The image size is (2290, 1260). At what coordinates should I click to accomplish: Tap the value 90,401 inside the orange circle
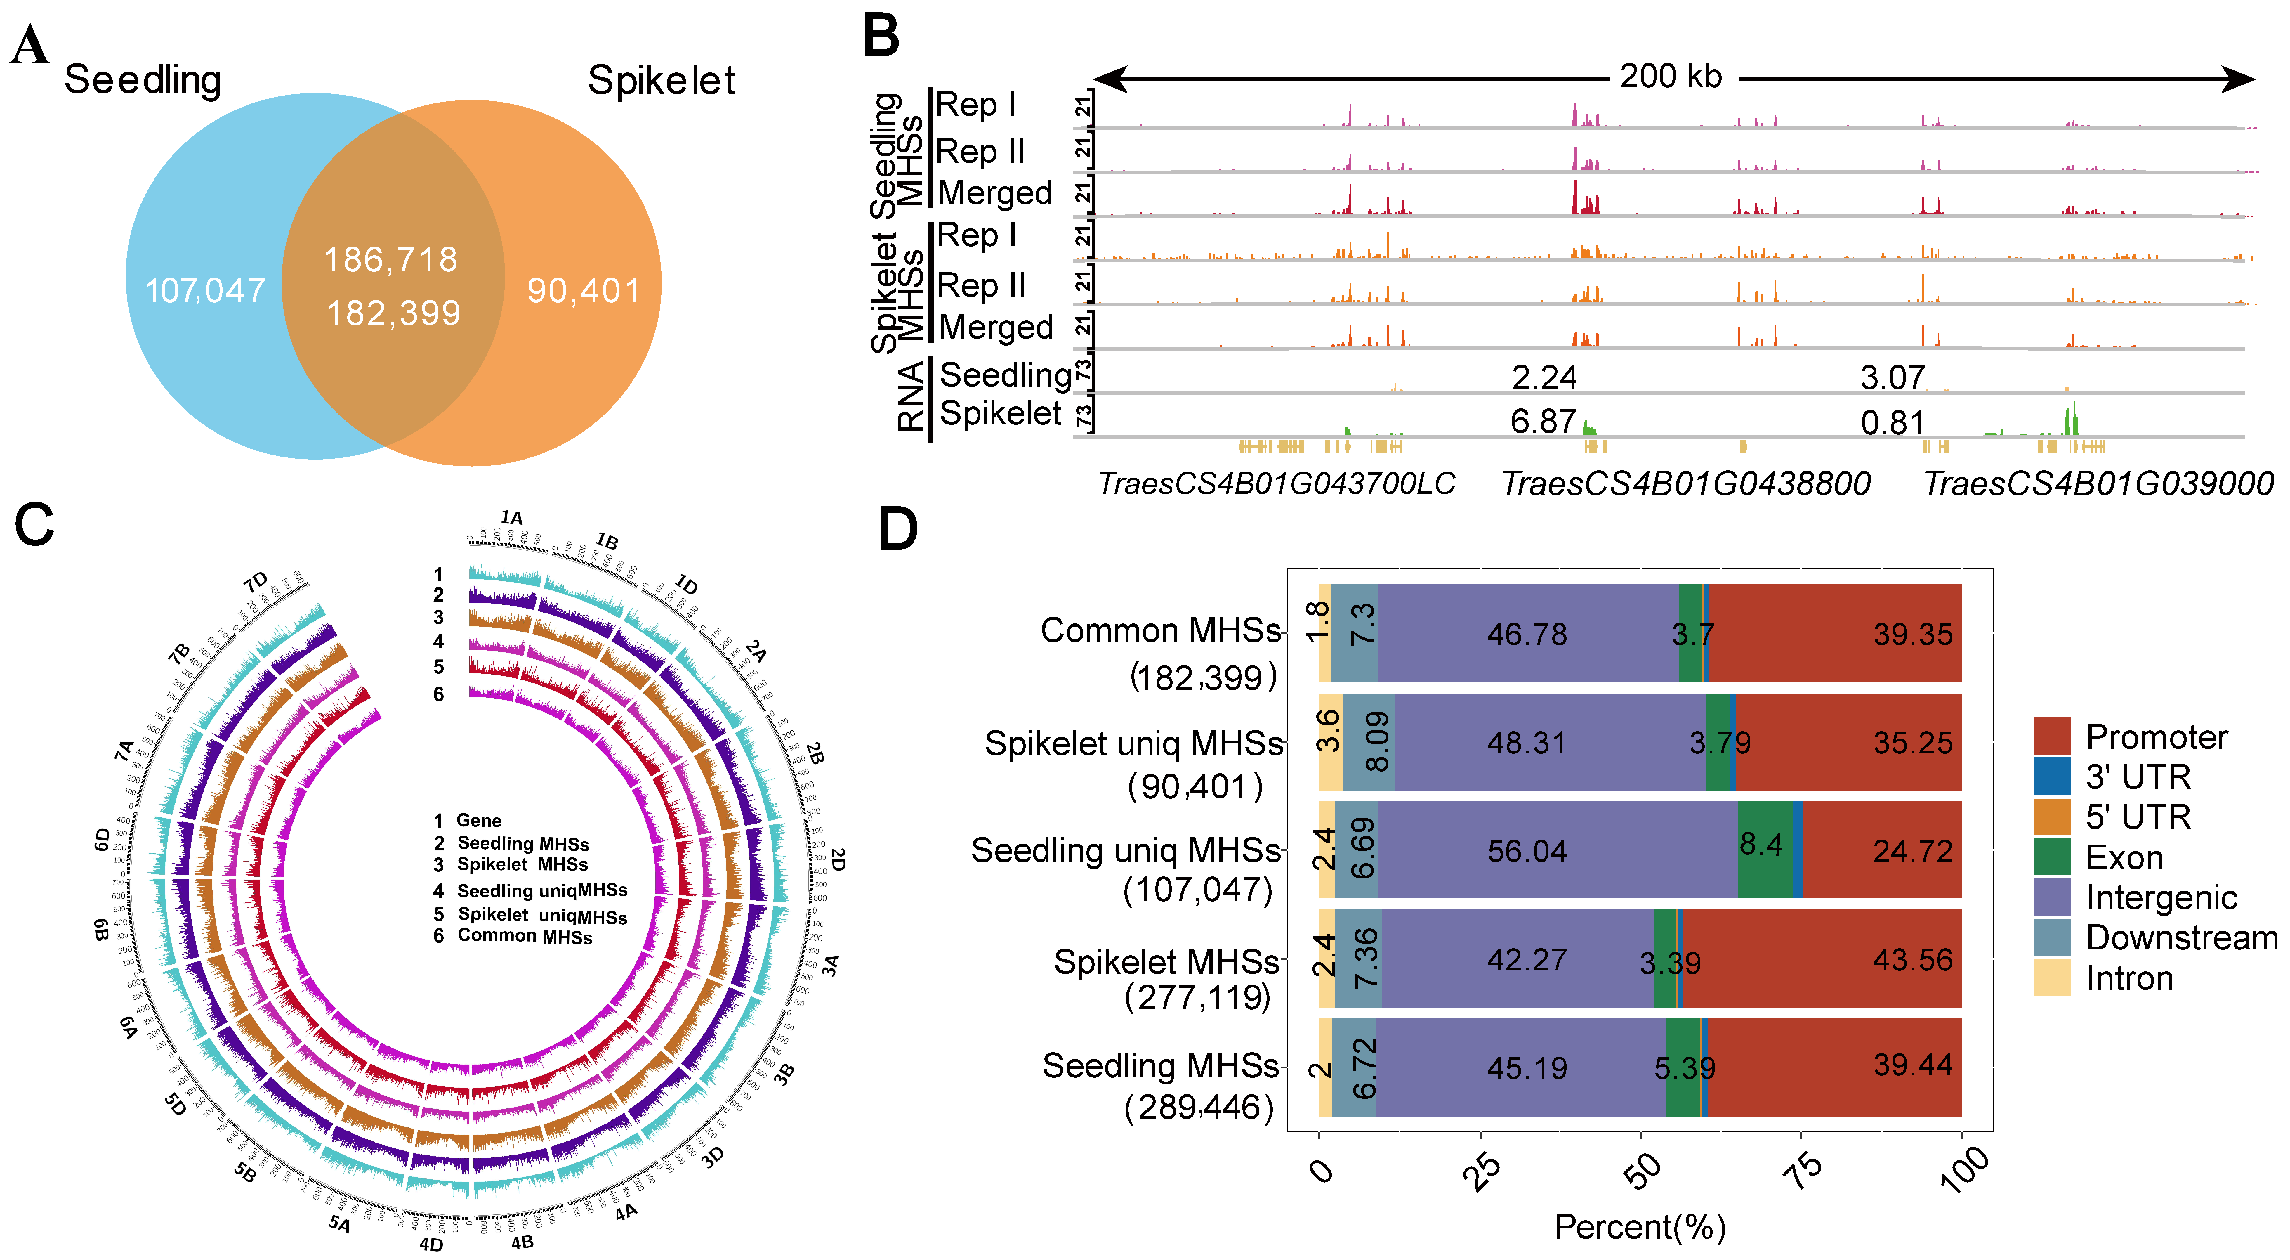583,291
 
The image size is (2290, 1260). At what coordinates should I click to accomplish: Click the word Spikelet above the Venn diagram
662,81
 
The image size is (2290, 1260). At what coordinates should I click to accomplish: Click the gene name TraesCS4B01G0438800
1685,484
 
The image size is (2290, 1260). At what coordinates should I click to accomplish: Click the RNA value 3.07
1893,378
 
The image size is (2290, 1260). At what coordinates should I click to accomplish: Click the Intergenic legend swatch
2052,897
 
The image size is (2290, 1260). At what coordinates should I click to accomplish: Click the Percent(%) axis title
1640,1227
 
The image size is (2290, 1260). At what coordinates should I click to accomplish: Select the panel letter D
898,531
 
